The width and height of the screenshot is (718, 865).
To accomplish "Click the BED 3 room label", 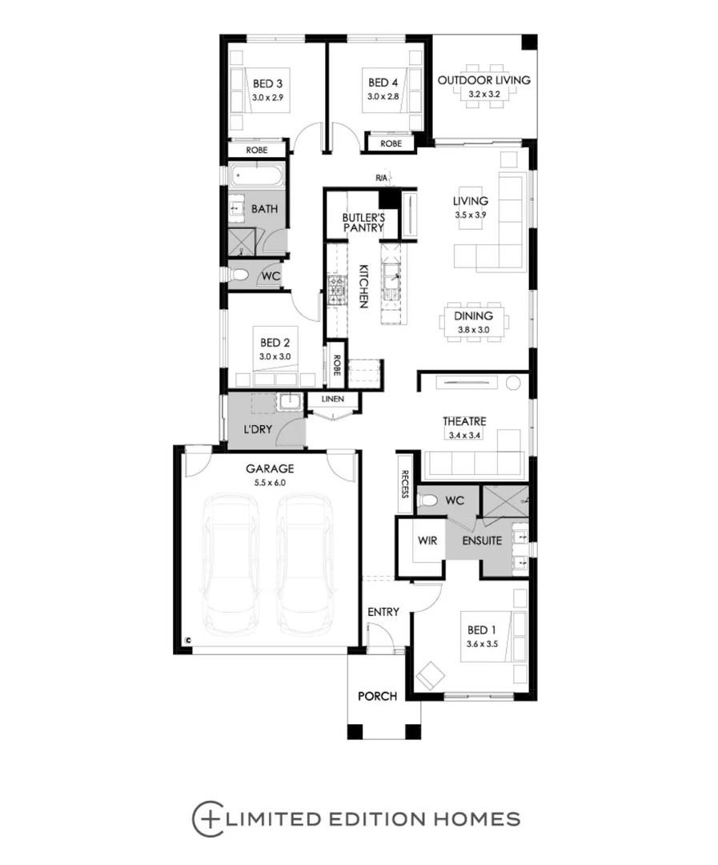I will [267, 82].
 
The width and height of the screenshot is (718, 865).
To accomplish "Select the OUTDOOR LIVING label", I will [483, 80].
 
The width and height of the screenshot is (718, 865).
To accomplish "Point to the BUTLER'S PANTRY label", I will [363, 223].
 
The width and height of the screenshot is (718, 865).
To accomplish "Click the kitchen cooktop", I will [335, 290].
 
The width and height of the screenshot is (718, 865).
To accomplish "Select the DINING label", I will [473, 316].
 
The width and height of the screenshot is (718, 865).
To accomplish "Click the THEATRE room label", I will [464, 421].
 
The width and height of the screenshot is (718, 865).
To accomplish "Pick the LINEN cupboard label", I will [332, 399].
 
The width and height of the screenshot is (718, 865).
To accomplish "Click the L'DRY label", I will [258, 430].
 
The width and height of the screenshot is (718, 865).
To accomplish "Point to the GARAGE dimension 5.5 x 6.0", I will [270, 483].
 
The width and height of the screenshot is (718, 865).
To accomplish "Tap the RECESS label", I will [406, 484].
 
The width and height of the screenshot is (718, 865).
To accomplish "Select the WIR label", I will [427, 541].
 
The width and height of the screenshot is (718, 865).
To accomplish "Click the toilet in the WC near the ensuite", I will [429, 501].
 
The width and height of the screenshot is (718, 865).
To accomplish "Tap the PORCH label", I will [377, 696].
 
